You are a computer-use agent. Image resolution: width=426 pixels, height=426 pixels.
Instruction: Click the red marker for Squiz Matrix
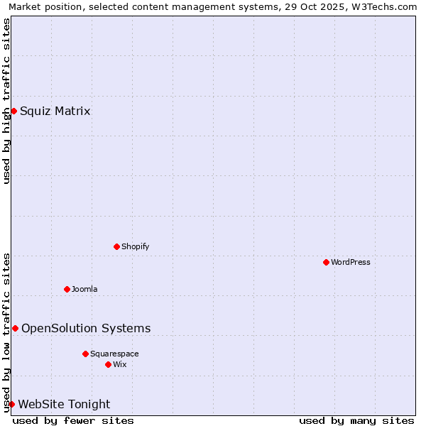coord(13,111)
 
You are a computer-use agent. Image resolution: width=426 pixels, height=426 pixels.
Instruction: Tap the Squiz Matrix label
coord(55,111)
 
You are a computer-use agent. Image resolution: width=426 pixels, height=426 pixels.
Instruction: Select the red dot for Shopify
coord(116,246)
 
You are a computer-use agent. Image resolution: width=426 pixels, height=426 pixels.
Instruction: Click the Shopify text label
coord(135,246)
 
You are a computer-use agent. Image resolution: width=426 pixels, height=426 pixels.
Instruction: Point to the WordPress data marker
coord(326,262)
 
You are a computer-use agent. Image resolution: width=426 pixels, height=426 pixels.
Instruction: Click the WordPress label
coord(350,262)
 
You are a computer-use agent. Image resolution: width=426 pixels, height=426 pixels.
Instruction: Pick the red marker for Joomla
coord(67,289)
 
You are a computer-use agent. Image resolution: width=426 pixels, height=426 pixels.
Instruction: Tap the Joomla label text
coord(84,289)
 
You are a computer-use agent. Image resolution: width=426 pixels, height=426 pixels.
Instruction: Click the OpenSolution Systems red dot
coord(15,328)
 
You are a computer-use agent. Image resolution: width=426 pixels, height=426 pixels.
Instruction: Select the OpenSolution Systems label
coord(86,328)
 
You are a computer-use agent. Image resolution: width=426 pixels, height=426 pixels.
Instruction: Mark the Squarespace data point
coord(85,354)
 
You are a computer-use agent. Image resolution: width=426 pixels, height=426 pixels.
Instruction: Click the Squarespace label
coord(114,354)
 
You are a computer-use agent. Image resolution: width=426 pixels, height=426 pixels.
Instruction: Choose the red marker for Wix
coord(108,364)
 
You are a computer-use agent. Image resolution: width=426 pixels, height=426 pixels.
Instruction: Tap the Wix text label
coord(120,364)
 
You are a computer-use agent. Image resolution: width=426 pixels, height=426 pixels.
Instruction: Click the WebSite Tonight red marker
coord(11,404)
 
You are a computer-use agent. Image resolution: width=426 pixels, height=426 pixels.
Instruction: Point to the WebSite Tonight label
coord(64,404)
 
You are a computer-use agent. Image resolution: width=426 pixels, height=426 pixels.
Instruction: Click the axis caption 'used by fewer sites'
coord(73,420)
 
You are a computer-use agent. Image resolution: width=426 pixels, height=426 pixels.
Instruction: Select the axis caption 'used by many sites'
coord(356,420)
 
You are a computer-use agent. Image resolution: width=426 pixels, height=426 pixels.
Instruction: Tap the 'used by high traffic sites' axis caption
coord(7,101)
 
